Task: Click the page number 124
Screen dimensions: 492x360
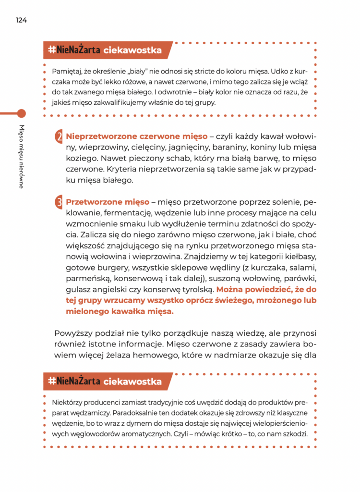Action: (x=21, y=20)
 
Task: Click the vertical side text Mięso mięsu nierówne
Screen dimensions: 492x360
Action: (x=21, y=156)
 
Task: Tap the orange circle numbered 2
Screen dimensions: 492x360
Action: (x=59, y=137)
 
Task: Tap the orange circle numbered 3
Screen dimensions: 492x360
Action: (x=59, y=202)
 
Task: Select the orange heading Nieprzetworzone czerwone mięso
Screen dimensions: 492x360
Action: (x=137, y=136)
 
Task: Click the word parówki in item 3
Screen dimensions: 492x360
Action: (x=302, y=279)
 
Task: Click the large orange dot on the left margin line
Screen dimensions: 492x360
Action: (x=21, y=113)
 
